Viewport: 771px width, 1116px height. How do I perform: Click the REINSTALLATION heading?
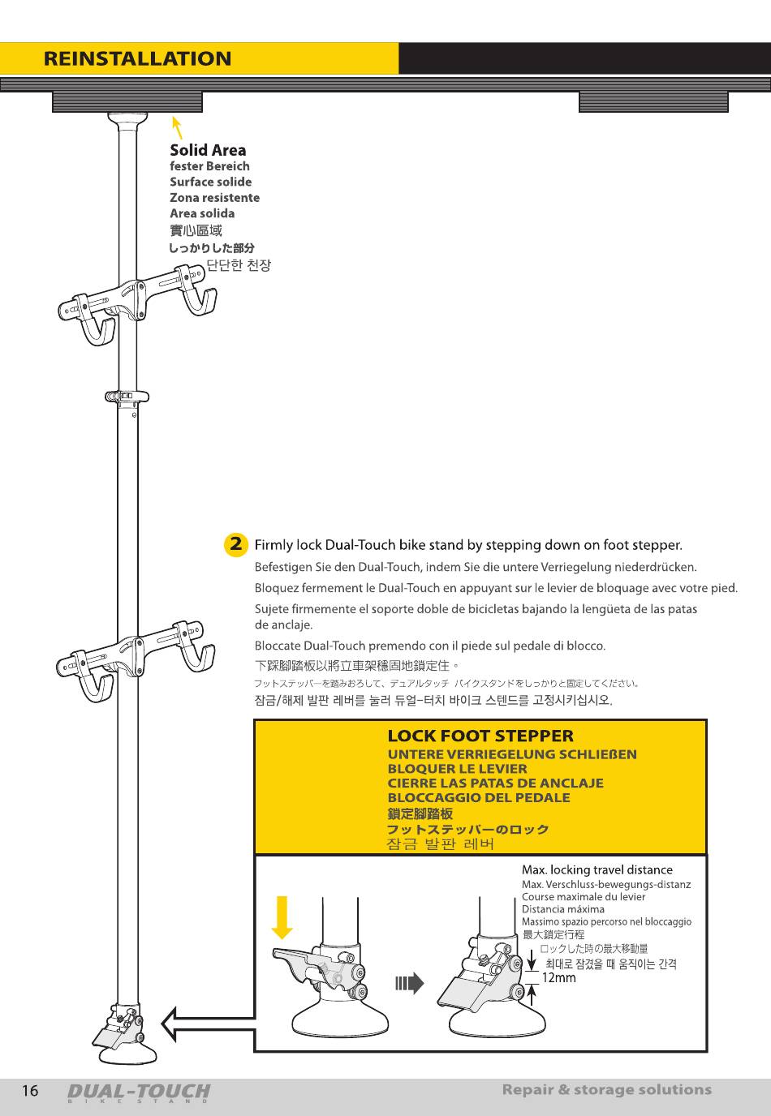pyautogui.click(x=137, y=59)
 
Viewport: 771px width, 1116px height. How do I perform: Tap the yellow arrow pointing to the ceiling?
pyautogui.click(x=176, y=127)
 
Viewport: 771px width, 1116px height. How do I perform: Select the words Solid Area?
pyautogui.click(x=208, y=150)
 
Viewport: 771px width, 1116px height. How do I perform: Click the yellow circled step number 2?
pyautogui.click(x=235, y=544)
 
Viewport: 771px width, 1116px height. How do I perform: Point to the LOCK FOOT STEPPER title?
pyautogui.click(x=480, y=736)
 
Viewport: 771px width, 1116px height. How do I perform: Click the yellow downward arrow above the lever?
pyautogui.click(x=282, y=916)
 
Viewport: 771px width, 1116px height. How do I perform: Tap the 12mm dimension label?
pyautogui.click(x=558, y=977)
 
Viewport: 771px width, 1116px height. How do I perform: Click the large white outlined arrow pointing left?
pyautogui.click(x=207, y=1023)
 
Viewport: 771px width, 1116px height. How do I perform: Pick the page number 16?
pyautogui.click(x=30, y=1091)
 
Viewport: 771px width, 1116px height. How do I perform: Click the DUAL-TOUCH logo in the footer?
pyautogui.click(x=138, y=1092)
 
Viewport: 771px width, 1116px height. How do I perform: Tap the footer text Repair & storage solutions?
pyautogui.click(x=606, y=1090)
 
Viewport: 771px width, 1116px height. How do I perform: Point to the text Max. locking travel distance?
pyautogui.click(x=597, y=870)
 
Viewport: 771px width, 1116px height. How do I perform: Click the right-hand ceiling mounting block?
pyautogui.click(x=653, y=102)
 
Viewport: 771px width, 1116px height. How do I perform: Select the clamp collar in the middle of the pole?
pyautogui.click(x=127, y=397)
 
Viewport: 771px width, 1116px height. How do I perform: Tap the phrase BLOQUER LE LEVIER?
pyautogui.click(x=457, y=769)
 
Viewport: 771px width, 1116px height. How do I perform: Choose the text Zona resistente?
pyautogui.click(x=214, y=198)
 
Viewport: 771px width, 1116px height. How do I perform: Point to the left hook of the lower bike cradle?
pyautogui.click(x=96, y=681)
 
